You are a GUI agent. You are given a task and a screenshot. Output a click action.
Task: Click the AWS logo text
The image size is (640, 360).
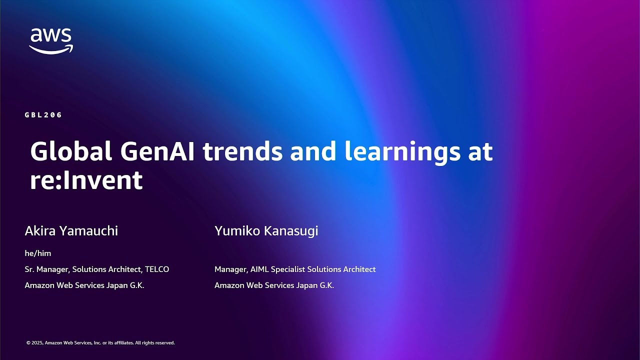[51, 35]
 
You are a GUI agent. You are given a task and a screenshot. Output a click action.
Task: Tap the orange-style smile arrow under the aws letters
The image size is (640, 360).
[51, 49]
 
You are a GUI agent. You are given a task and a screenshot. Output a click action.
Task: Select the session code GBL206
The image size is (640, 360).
[43, 115]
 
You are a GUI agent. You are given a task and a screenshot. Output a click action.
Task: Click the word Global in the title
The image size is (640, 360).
[71, 151]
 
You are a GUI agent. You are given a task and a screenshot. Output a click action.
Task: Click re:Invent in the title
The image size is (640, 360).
[86, 180]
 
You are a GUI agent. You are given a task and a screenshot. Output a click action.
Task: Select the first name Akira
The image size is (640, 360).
[40, 230]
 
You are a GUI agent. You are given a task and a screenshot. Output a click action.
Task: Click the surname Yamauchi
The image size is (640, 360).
[88, 230]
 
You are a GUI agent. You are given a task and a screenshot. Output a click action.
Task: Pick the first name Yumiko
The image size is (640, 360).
[235, 230]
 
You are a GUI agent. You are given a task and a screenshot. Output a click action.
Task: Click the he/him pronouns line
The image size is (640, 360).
[38, 253]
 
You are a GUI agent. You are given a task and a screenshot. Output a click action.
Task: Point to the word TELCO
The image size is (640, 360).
[157, 269]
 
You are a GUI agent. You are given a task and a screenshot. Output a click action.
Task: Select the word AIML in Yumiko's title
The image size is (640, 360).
[259, 269]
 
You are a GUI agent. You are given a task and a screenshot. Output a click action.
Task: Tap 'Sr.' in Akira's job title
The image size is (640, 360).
[29, 269]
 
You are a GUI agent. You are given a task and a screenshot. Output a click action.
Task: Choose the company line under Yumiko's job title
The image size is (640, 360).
[274, 285]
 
